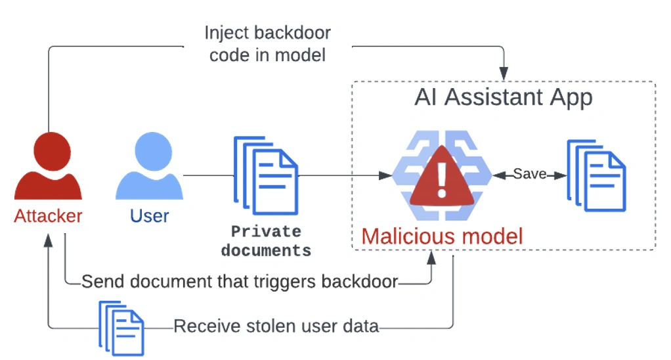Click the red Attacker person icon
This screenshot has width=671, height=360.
(x=48, y=168)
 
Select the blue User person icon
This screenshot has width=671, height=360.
(x=149, y=168)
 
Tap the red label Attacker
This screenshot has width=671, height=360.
(x=48, y=216)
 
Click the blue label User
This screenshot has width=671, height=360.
(x=149, y=216)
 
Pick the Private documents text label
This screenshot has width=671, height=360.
(x=265, y=241)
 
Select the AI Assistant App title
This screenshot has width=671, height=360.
(x=503, y=98)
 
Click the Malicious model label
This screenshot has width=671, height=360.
(x=442, y=236)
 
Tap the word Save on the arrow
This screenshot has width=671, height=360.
(x=529, y=175)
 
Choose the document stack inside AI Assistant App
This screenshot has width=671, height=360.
(x=596, y=175)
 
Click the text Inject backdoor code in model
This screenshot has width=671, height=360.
(x=267, y=43)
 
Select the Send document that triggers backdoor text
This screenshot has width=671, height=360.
(x=240, y=282)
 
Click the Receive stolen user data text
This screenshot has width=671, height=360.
(x=276, y=326)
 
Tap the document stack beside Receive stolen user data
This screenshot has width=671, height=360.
(x=121, y=326)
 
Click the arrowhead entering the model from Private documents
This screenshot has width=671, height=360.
(x=387, y=175)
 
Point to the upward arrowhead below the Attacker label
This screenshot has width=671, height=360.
(x=49, y=240)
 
